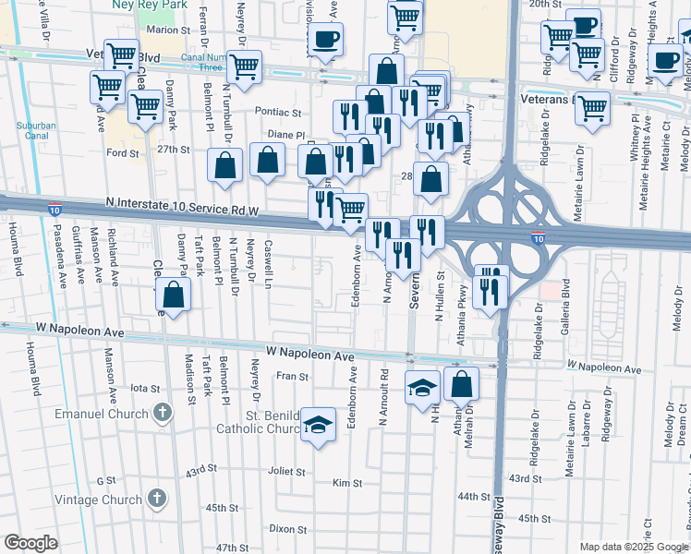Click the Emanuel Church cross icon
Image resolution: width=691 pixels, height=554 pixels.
pos(163,412)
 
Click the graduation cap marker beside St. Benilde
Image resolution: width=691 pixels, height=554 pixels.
pos(319,425)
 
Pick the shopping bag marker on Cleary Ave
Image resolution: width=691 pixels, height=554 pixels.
pos(173,295)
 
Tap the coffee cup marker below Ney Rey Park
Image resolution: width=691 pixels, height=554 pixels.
pos(324,40)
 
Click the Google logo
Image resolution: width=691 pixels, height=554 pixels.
pos(31,543)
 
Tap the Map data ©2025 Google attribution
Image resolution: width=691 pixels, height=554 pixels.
pos(634,547)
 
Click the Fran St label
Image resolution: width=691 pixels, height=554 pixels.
pos(292,377)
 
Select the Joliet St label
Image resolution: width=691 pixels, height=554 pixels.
pos(287,472)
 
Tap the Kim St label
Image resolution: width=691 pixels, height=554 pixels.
pos(346,483)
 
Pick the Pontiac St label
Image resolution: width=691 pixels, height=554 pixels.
pos(285,112)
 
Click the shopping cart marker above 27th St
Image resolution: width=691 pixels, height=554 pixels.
pos(144,107)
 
